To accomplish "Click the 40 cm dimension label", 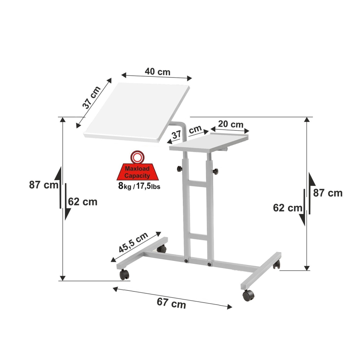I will tap(157, 71).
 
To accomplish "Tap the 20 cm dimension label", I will tap(231, 124).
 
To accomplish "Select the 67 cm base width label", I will tap(171, 304).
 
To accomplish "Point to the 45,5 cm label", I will tap(134, 243).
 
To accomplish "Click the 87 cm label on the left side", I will tap(44, 185).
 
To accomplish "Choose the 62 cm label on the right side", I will tap(287, 207).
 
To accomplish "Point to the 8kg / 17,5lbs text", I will tap(139, 185).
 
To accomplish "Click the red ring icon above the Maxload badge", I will tap(137, 157).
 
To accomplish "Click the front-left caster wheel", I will tap(124, 274).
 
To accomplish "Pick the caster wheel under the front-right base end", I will tap(248, 295).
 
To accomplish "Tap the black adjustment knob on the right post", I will tap(216, 171).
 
